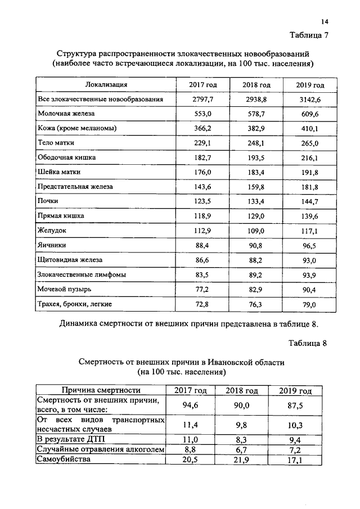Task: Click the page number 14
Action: pyautogui.click(x=325, y=22)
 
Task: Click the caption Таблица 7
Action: pyautogui.click(x=308, y=35)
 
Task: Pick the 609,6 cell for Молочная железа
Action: pyautogui.click(x=310, y=114)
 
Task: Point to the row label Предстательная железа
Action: pyautogui.click(x=75, y=186)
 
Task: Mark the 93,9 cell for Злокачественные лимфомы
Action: pyautogui.click(x=310, y=274)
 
